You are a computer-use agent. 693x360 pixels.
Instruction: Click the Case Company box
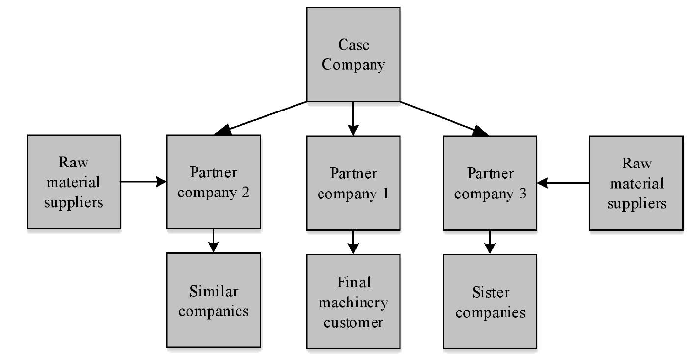point(353,55)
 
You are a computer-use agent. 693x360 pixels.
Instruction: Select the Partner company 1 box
point(353,183)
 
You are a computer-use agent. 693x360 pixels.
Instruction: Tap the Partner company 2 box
point(213,182)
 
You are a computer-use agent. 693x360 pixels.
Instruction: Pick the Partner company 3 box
point(490,183)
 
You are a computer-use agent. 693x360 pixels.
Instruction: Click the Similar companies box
point(213,300)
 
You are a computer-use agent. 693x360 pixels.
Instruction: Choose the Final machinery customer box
point(353,302)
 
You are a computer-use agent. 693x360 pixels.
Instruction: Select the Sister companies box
point(490,302)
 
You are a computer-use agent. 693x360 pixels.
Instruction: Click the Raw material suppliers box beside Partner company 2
point(74,182)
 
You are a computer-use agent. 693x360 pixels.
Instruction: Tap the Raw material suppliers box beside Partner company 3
point(636,183)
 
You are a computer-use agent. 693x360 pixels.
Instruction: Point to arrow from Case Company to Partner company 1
point(353,118)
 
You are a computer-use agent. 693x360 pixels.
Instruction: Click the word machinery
point(353,302)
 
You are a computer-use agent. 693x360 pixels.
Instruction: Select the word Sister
point(490,292)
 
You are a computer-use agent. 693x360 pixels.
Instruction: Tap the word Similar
point(213,291)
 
